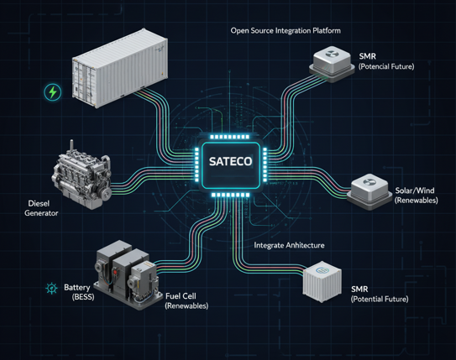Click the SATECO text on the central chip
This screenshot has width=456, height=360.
(230, 162)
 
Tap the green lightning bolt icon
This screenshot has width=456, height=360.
(53, 92)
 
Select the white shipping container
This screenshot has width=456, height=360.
(120, 68)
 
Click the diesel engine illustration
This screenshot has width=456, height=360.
(81, 175)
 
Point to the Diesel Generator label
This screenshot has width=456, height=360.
(41, 208)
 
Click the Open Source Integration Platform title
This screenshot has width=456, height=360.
(286, 30)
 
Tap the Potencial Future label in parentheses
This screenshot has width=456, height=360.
(386, 66)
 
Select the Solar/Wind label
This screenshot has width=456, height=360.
(415, 190)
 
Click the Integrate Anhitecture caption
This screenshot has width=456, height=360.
(289, 246)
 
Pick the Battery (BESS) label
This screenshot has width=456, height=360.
(79, 292)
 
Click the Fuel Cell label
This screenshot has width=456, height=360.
(181, 296)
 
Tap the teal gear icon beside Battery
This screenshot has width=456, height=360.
(52, 288)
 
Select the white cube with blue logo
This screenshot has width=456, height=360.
(322, 281)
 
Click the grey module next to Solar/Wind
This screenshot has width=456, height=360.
(370, 192)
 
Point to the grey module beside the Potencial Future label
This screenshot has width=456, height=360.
(332, 65)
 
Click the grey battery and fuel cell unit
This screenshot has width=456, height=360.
(128, 274)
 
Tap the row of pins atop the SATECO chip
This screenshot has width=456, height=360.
(230, 137)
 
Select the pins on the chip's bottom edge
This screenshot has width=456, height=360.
(230, 195)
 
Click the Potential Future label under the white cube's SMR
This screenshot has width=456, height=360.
(380, 299)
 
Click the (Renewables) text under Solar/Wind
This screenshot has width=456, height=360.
(417, 201)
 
